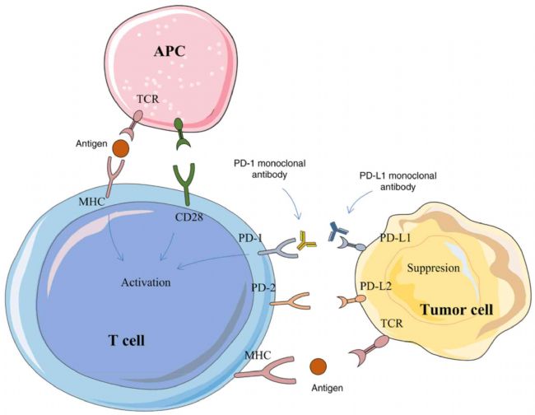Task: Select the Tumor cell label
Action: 457,310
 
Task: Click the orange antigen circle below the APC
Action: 120,149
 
